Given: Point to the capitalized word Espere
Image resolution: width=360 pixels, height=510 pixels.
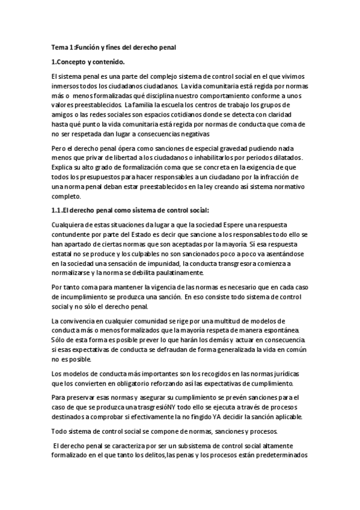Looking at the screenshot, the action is (x=227, y=224).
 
